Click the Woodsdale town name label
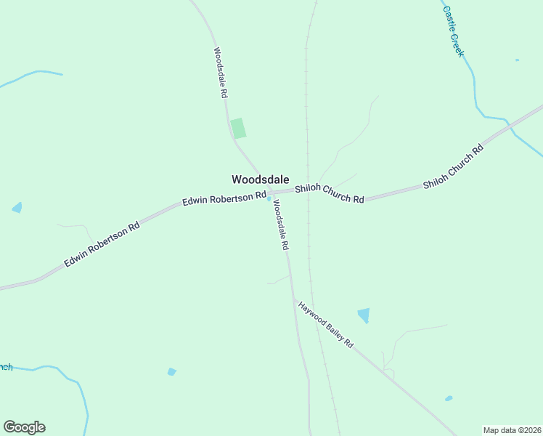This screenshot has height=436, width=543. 260,179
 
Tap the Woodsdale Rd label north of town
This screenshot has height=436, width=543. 221,73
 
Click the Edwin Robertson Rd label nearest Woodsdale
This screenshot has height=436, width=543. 224,198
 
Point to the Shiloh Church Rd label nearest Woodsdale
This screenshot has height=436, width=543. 329,194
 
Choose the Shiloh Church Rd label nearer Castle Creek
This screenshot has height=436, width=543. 454,168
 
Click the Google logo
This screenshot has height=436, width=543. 24,427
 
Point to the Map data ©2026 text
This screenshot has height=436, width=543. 511,430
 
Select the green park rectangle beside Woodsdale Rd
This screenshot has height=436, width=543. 238,128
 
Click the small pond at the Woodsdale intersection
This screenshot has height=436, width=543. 269,199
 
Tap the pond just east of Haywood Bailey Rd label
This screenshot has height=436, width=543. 364,315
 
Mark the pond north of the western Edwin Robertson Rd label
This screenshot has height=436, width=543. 17,208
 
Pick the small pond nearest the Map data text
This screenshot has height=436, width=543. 449,398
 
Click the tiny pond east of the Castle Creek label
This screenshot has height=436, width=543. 517,60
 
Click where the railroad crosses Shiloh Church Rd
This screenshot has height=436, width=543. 309,191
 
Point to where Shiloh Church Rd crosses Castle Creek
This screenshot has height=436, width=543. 510,125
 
